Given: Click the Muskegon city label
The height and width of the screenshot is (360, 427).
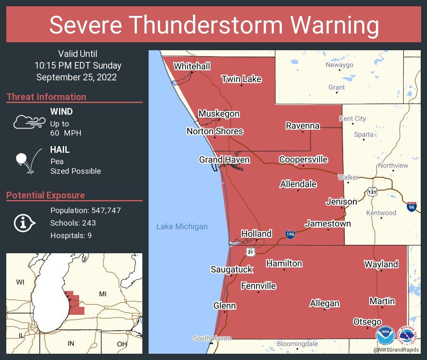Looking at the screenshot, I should [219, 114].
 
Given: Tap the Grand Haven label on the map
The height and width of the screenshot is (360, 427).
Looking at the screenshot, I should [224, 160].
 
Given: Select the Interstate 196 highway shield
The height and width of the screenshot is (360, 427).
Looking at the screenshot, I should [290, 234].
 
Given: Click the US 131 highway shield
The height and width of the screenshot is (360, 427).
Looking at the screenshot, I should [372, 192].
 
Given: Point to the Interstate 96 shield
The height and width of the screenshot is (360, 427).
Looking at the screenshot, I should [411, 206].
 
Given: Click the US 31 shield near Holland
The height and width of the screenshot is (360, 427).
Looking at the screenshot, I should [250, 251].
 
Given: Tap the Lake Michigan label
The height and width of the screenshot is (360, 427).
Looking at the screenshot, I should [182, 227].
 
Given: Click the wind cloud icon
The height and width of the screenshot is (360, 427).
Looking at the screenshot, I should [29, 121].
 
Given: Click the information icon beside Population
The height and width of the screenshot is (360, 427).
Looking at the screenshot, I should [25, 223].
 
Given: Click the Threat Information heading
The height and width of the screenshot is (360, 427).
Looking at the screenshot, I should [46, 97].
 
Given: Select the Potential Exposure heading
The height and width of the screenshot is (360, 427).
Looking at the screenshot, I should [46, 195].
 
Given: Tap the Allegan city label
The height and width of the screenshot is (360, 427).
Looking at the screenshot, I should [324, 303].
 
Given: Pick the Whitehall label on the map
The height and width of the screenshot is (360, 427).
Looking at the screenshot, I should [192, 67].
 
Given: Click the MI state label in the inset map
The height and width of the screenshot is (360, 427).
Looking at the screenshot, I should [103, 294].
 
